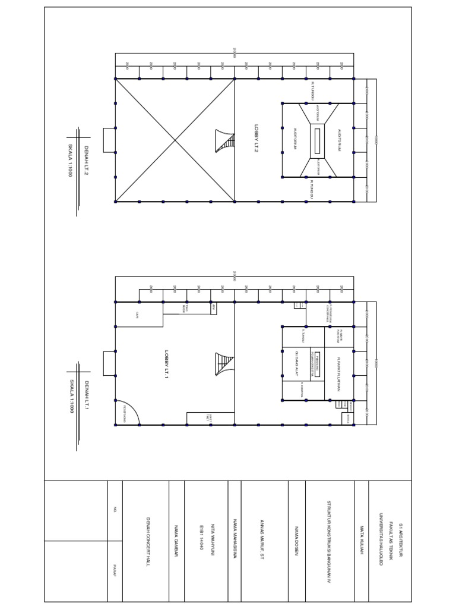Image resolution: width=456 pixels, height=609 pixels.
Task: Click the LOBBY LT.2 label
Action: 256,139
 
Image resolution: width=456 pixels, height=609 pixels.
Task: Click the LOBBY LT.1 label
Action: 167,363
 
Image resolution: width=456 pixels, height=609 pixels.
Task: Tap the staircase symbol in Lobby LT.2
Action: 225,141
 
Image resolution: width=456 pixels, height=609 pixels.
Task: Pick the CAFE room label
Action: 137,315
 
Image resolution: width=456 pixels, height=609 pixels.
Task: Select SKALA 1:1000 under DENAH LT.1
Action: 71,397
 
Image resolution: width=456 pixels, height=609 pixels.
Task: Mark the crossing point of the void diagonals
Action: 175,140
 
